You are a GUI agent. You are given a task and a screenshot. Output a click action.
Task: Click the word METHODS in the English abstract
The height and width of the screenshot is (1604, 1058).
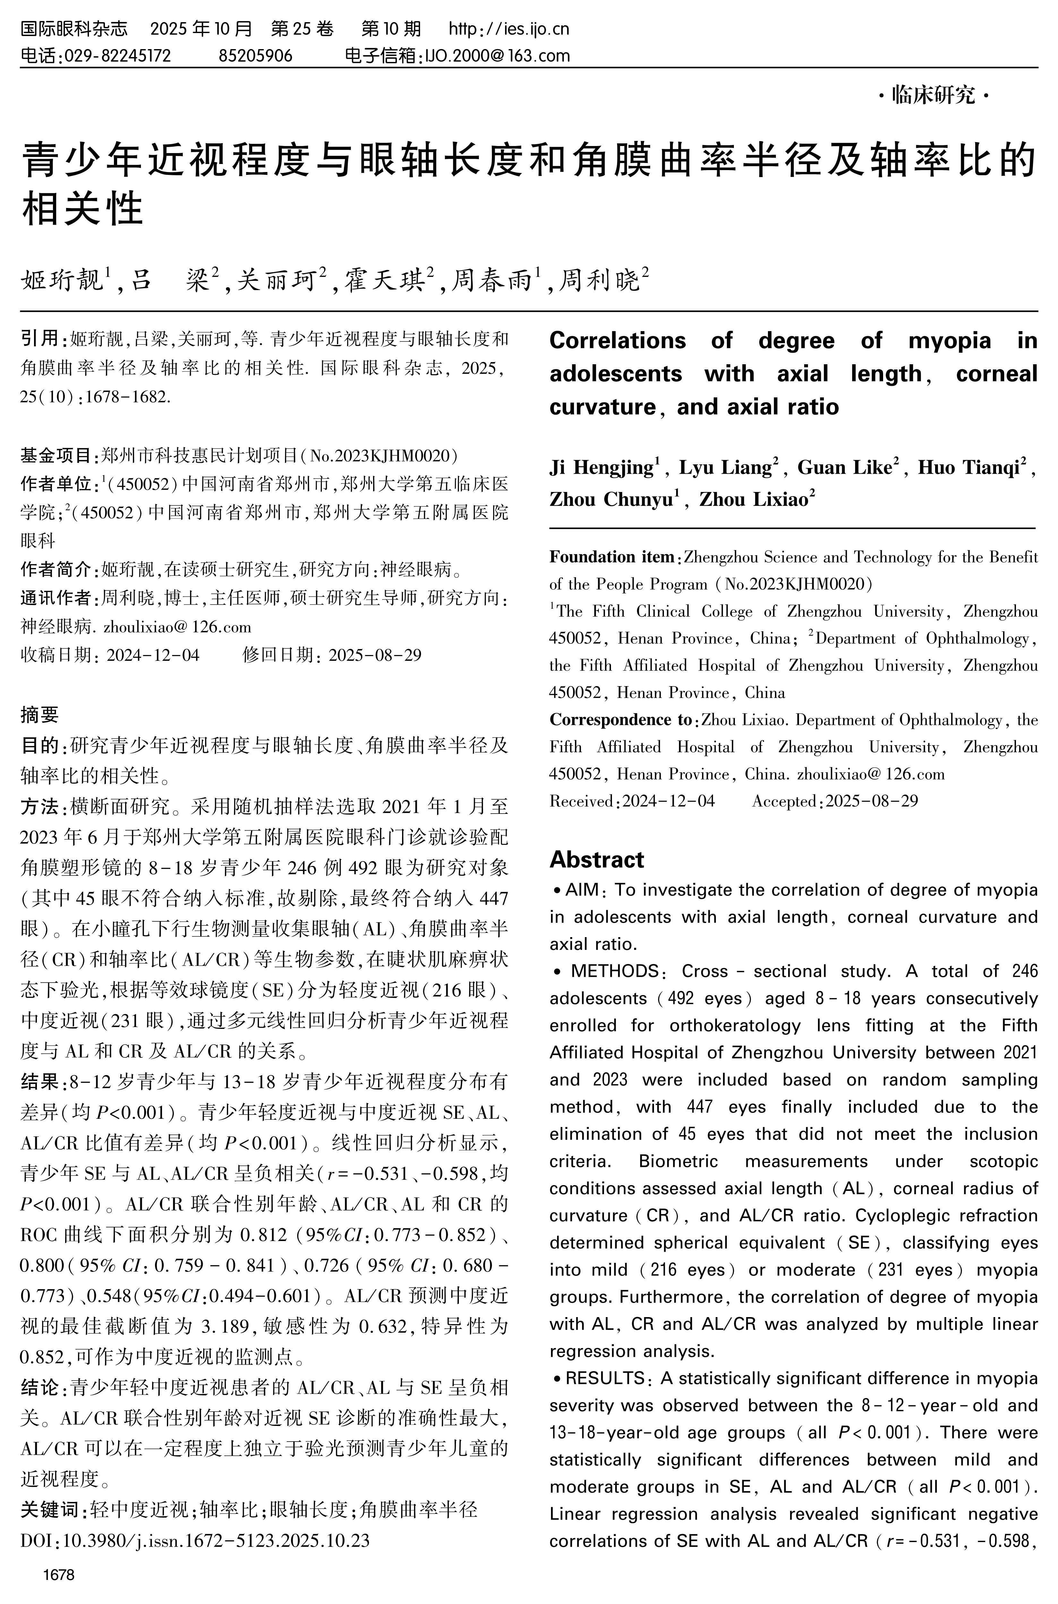click(x=614, y=971)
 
